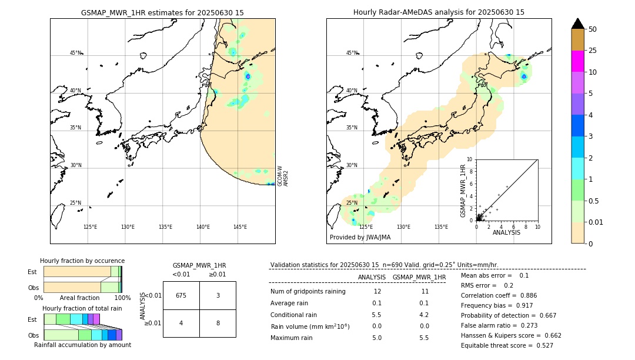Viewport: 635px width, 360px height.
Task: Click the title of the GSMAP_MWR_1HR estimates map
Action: tap(162, 12)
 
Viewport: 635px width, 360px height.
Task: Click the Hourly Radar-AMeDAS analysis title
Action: tap(439, 12)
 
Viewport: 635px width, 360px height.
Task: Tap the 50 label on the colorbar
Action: tap(593, 29)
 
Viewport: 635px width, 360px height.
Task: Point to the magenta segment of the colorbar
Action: tap(577, 61)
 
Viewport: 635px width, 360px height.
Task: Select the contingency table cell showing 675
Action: tap(181, 295)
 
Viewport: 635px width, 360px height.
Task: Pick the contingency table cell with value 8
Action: tap(218, 323)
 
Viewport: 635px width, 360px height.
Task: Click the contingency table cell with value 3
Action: tap(218, 295)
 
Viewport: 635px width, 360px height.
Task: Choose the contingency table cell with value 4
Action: tap(181, 323)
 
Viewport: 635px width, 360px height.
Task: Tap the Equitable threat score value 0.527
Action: tap(541, 345)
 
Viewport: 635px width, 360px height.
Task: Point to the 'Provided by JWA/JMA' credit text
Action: tap(360, 238)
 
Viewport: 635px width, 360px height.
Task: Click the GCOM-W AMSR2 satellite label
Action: tap(283, 176)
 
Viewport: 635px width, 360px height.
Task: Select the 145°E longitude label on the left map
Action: tap(240, 227)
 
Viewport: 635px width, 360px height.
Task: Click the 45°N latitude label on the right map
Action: tap(352, 53)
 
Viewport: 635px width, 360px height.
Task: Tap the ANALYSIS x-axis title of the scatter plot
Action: tap(506, 232)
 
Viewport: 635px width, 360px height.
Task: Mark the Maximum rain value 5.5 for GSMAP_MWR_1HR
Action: tap(423, 338)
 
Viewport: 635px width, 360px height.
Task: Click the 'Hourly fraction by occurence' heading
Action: tap(82, 261)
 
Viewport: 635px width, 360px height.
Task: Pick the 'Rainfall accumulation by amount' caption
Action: tap(82, 345)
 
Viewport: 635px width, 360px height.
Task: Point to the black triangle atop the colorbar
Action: tap(577, 24)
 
